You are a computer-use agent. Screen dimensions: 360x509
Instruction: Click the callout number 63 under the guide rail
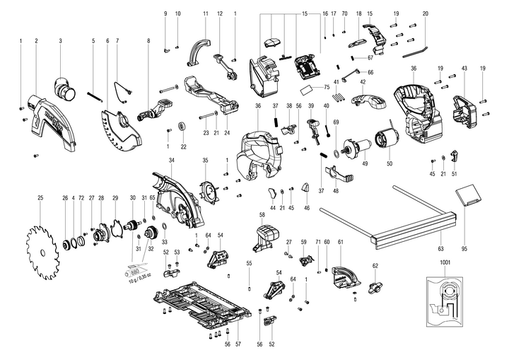point(440,248)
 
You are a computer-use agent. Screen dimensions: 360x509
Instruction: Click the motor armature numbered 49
point(353,148)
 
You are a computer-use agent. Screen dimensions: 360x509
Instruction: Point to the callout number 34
point(171,160)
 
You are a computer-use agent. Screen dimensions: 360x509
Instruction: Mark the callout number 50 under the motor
point(388,163)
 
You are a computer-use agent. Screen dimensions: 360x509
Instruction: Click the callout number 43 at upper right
point(464,68)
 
